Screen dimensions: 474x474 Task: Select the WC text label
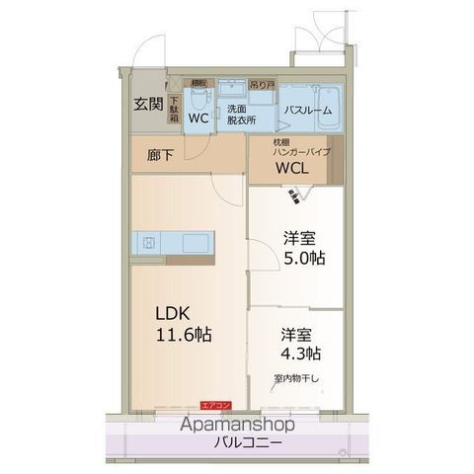197,118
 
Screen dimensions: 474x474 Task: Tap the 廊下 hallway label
160,155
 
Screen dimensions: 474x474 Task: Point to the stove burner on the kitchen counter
147,242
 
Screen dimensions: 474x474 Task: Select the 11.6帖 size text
182,334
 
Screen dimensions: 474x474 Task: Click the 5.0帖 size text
305,258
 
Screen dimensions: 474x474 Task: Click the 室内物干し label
296,378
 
